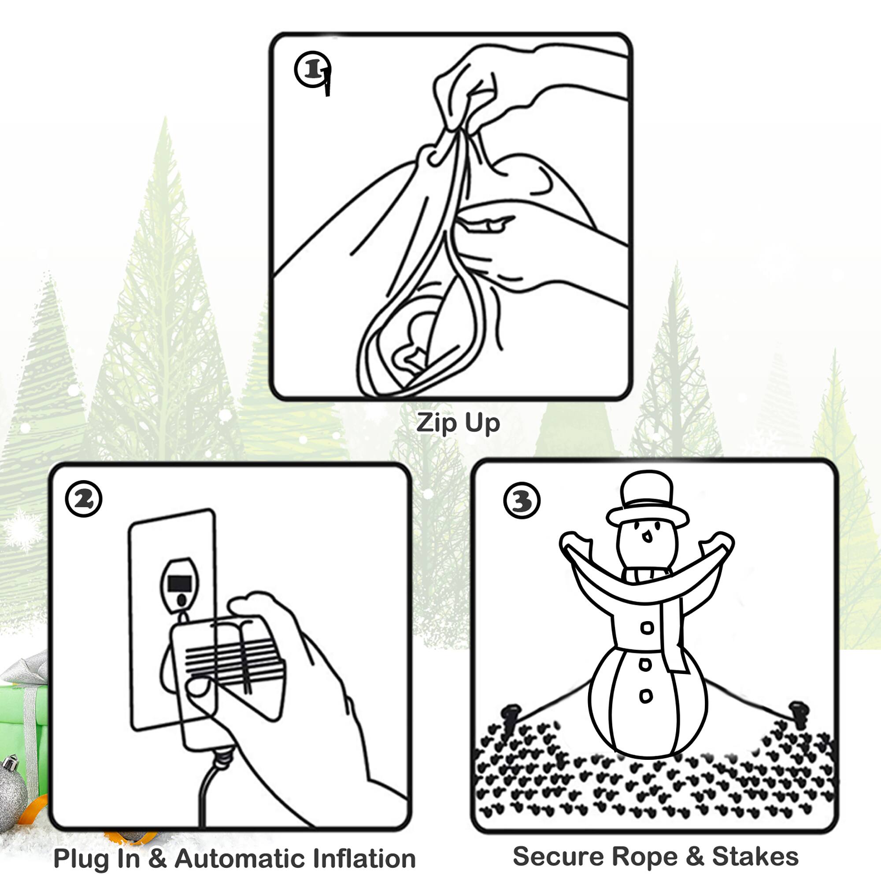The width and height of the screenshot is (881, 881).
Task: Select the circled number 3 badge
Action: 522,501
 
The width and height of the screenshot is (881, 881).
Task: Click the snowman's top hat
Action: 647,498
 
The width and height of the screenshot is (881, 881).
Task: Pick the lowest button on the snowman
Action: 646,696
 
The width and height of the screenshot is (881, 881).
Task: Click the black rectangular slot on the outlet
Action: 180,583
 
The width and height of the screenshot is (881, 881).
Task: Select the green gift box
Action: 23,725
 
